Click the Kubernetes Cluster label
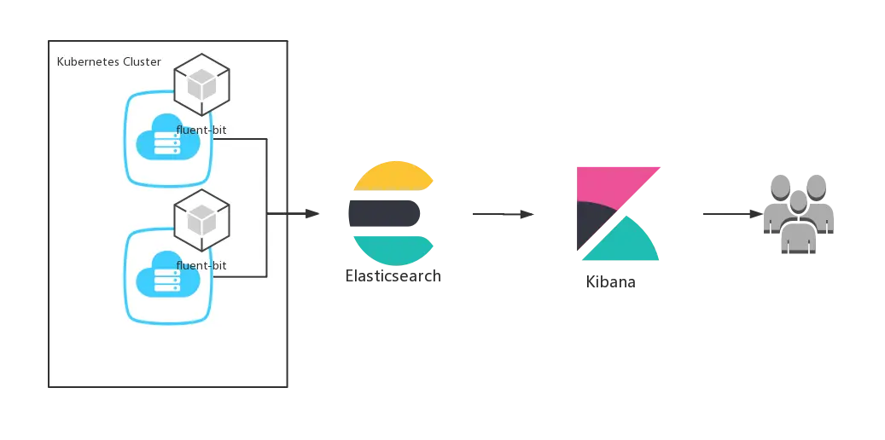(108, 62)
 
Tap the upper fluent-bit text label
(201, 130)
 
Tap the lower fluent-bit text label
(201, 266)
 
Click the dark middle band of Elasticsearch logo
(386, 213)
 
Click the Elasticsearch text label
(393, 277)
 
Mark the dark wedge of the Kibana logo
(591, 222)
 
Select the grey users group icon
(797, 213)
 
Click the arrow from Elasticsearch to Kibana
(504, 215)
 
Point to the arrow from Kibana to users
(731, 215)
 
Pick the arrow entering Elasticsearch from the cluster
(299, 215)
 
